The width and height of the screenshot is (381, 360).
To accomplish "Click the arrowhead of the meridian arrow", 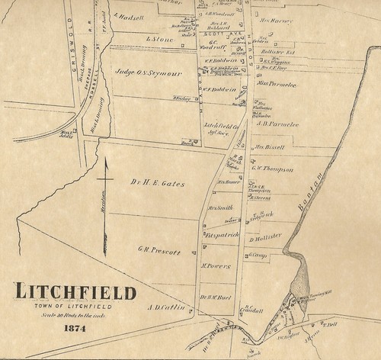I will click(107, 159).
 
